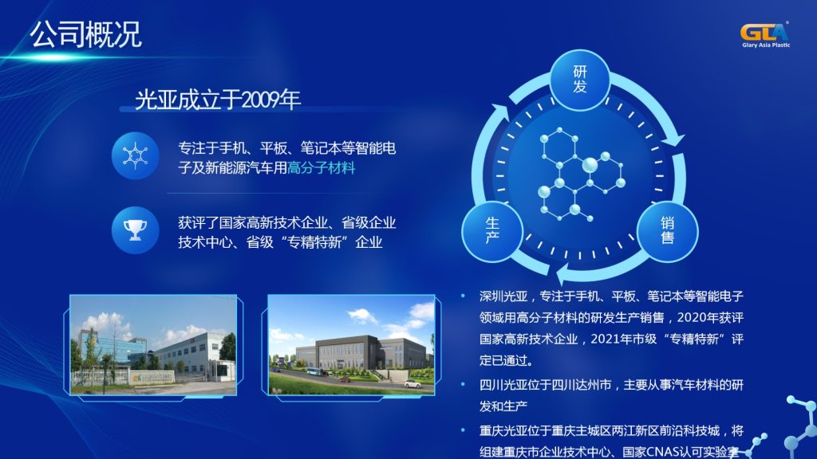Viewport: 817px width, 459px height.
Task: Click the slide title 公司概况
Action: (x=85, y=34)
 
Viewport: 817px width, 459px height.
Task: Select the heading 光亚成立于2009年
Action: (x=217, y=100)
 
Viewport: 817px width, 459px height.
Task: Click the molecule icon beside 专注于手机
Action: (x=135, y=155)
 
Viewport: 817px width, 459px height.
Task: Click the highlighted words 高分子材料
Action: (x=321, y=168)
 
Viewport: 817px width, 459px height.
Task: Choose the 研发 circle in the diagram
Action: (x=579, y=79)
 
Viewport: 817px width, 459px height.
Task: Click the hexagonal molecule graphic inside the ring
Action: (x=580, y=175)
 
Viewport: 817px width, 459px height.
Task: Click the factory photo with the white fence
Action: (x=153, y=345)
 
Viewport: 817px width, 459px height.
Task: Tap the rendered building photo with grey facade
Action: (x=351, y=345)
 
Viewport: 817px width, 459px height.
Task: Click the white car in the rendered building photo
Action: (x=412, y=384)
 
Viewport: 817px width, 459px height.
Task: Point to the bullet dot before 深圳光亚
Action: (x=463, y=296)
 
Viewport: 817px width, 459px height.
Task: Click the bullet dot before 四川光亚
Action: (x=463, y=385)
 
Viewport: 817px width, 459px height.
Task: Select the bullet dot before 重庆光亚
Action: (x=463, y=430)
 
